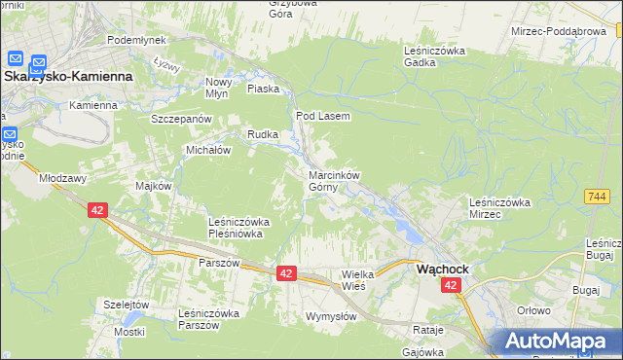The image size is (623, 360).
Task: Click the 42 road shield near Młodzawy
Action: [96, 210]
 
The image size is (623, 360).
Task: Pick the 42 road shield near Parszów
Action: [285, 274]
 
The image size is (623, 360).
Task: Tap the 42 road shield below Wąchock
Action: [451, 285]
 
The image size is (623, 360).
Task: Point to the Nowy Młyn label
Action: [218, 89]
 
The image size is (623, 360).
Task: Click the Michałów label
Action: [208, 151]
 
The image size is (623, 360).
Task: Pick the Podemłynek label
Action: [136, 40]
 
